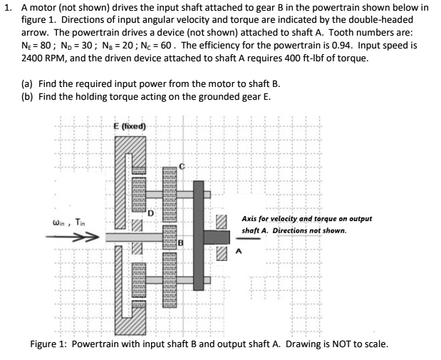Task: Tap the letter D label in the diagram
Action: tap(152, 211)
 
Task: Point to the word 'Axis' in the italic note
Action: tap(251, 219)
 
